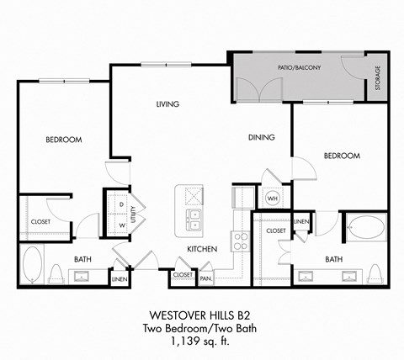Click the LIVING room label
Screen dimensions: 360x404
169,105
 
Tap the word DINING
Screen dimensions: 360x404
263,137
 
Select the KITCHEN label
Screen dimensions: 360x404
203,249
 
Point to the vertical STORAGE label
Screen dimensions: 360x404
378,77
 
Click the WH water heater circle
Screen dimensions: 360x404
272,199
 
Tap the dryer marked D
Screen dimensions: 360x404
122,204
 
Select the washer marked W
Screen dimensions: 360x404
122,225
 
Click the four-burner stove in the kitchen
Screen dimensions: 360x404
240,242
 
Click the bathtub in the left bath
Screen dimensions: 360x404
33,265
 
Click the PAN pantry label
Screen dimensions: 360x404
206,275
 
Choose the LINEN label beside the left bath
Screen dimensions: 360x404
119,278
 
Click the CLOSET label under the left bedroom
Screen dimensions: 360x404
40,221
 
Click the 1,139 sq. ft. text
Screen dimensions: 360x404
202,340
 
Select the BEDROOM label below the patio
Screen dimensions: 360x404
342,156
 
